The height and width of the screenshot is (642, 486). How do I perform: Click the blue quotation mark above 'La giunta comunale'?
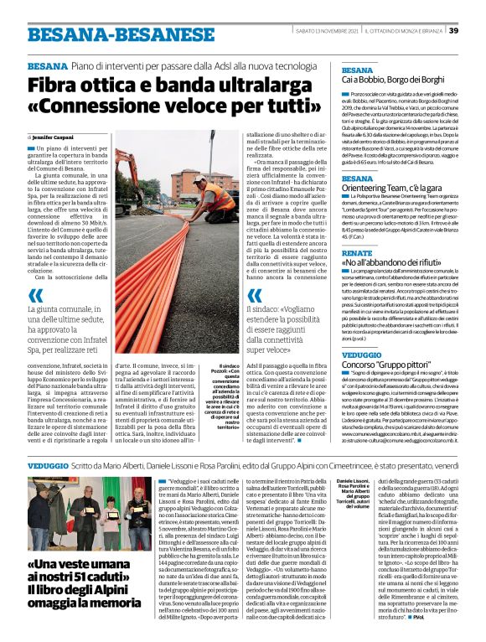click(35, 296)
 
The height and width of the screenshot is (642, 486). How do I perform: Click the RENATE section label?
click(357, 252)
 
